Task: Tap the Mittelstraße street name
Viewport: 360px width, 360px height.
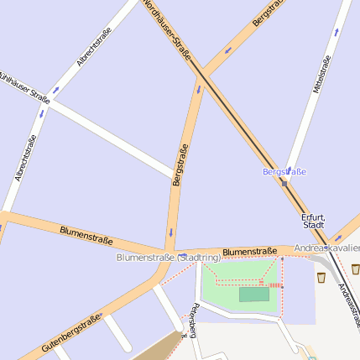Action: tap(321, 74)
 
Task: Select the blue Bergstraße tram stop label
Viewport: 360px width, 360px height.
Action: tap(284, 172)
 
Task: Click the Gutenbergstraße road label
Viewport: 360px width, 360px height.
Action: tap(71, 333)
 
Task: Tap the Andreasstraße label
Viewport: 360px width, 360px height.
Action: tap(347, 303)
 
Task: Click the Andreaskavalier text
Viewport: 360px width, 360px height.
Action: tap(327, 249)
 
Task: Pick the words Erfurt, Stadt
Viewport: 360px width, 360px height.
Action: tap(313, 221)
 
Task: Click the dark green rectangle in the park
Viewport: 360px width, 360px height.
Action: tap(254, 295)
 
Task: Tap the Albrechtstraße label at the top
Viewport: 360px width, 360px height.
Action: tap(94, 47)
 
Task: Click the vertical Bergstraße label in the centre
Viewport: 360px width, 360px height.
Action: tap(179, 165)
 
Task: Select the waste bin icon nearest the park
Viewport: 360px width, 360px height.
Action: tap(321, 276)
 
